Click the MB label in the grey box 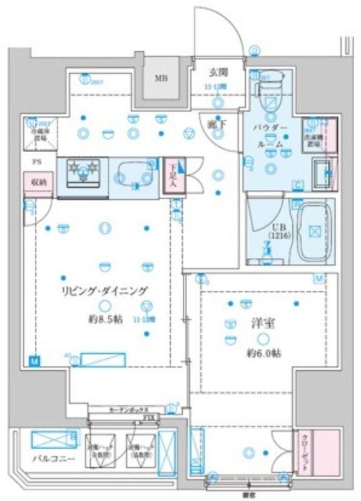(161, 78)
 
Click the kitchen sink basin (135, 176)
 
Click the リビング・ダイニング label (104, 290)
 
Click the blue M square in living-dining (33, 361)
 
